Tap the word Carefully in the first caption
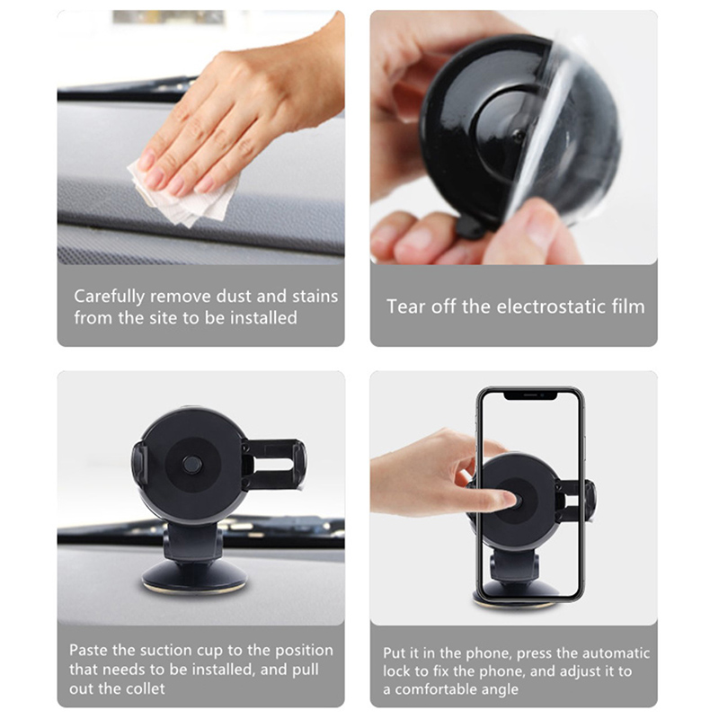pyautogui.click(x=109, y=297)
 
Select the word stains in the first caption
pyautogui.click(x=315, y=297)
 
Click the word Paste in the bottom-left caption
pyautogui.click(x=89, y=650)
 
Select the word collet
pyautogui.click(x=144, y=688)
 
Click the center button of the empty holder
pyautogui.click(x=192, y=464)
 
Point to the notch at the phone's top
pyautogui.click(x=530, y=395)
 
